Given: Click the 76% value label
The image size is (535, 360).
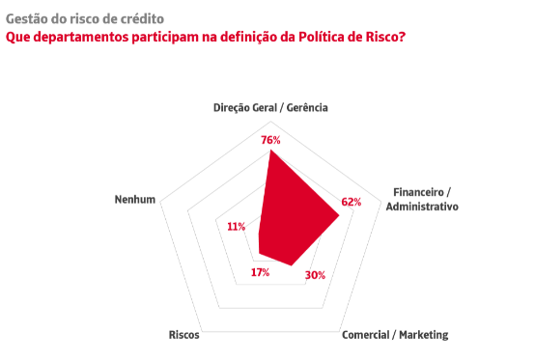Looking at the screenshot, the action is click(x=270, y=140).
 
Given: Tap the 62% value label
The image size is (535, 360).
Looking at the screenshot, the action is click(x=352, y=202).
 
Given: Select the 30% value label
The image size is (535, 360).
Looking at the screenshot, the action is click(x=315, y=275).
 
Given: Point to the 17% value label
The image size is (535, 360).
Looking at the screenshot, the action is click(x=261, y=272).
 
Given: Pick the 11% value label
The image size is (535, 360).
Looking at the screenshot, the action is click(x=236, y=227).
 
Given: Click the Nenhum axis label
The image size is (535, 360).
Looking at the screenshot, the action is click(x=135, y=200).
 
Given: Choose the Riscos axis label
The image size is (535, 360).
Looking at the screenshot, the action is click(x=183, y=335).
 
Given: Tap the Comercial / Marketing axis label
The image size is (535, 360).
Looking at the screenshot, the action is click(x=395, y=335).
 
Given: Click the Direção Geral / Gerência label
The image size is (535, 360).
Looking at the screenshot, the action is click(x=270, y=108).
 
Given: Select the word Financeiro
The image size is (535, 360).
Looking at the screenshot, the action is click(x=419, y=192).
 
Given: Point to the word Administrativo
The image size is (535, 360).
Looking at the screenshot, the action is click(x=422, y=207).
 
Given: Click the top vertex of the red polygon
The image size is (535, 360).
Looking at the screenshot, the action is click(x=270, y=150).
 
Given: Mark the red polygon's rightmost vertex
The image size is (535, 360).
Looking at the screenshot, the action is click(x=340, y=215).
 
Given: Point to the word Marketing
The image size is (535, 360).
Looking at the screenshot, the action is click(x=424, y=335).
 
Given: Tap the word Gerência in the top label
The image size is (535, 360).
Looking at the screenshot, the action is click(x=307, y=108).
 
